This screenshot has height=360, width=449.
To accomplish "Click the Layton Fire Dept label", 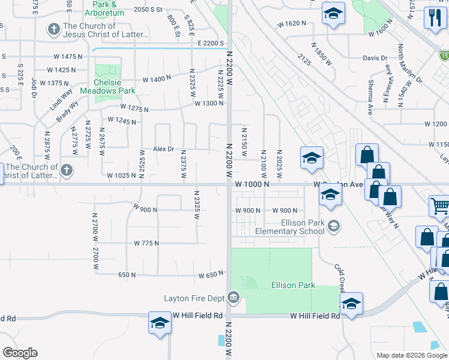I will [194, 298].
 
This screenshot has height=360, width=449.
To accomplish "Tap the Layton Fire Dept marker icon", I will [234, 297].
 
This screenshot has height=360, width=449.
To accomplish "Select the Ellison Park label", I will [293, 286].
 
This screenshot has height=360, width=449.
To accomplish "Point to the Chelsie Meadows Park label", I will [114, 86].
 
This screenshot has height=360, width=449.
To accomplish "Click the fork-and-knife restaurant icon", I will [432, 17].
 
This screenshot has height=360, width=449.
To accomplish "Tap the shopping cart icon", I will [439, 206].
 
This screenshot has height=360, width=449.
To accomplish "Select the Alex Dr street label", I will [163, 149].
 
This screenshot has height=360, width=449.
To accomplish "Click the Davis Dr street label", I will [375, 58].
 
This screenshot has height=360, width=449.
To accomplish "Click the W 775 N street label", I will [147, 243].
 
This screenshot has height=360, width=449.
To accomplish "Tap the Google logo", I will [20, 353].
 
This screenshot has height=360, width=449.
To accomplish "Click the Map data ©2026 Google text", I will [412, 355].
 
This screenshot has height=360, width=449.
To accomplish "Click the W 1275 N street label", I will [134, 107].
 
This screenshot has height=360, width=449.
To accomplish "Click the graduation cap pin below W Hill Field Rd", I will [160, 324].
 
